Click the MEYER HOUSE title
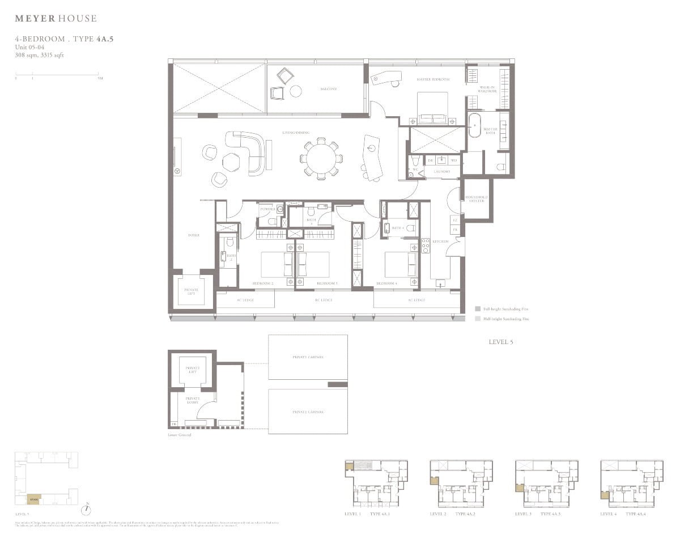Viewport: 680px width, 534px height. coord(56,19)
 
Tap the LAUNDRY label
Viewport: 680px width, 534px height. coord(441,171)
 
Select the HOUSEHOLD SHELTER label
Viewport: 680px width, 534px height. coord(477,200)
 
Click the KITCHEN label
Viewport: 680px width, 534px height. coord(440,241)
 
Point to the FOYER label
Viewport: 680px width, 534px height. coord(194,235)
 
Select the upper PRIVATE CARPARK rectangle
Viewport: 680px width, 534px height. coord(308,357)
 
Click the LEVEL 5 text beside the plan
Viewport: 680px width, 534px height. coord(500,342)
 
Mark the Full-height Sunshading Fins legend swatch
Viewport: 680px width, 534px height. coord(478,309)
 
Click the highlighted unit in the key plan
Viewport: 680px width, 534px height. coord(34,499)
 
